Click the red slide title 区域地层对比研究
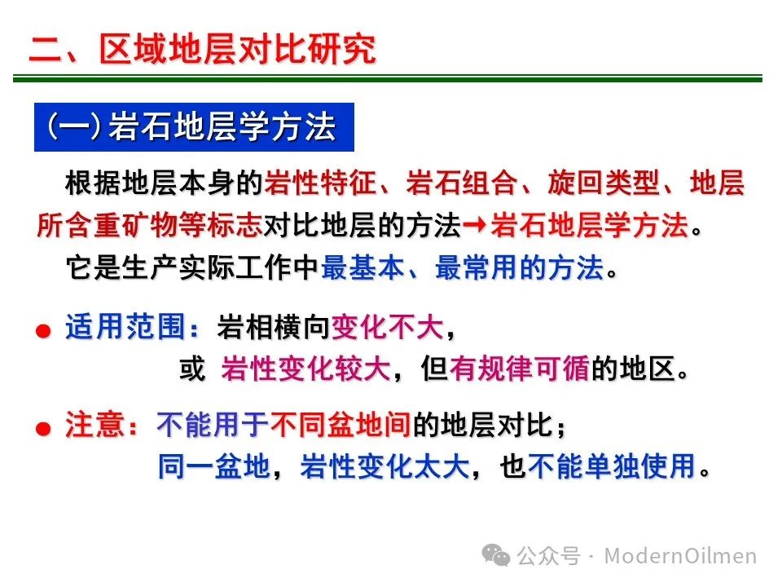tap(237, 50)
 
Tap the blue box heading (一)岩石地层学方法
tap(194, 127)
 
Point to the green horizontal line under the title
tap(388, 78)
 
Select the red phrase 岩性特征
tap(320, 183)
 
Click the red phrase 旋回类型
tap(604, 183)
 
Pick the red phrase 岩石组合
tap(462, 183)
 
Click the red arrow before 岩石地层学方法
tap(474, 225)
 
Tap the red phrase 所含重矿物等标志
tap(150, 225)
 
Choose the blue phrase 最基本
tap(362, 267)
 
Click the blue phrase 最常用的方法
tap(520, 267)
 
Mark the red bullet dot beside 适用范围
tap(43, 330)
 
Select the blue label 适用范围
tap(125, 327)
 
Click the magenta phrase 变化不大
tap(388, 328)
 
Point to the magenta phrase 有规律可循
tap(520, 369)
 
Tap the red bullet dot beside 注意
tap(43, 428)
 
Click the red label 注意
tap(94, 426)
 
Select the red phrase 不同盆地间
tap(340, 426)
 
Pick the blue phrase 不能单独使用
tap(612, 466)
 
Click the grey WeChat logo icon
tap(496, 555)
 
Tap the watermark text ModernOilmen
tap(680, 555)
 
